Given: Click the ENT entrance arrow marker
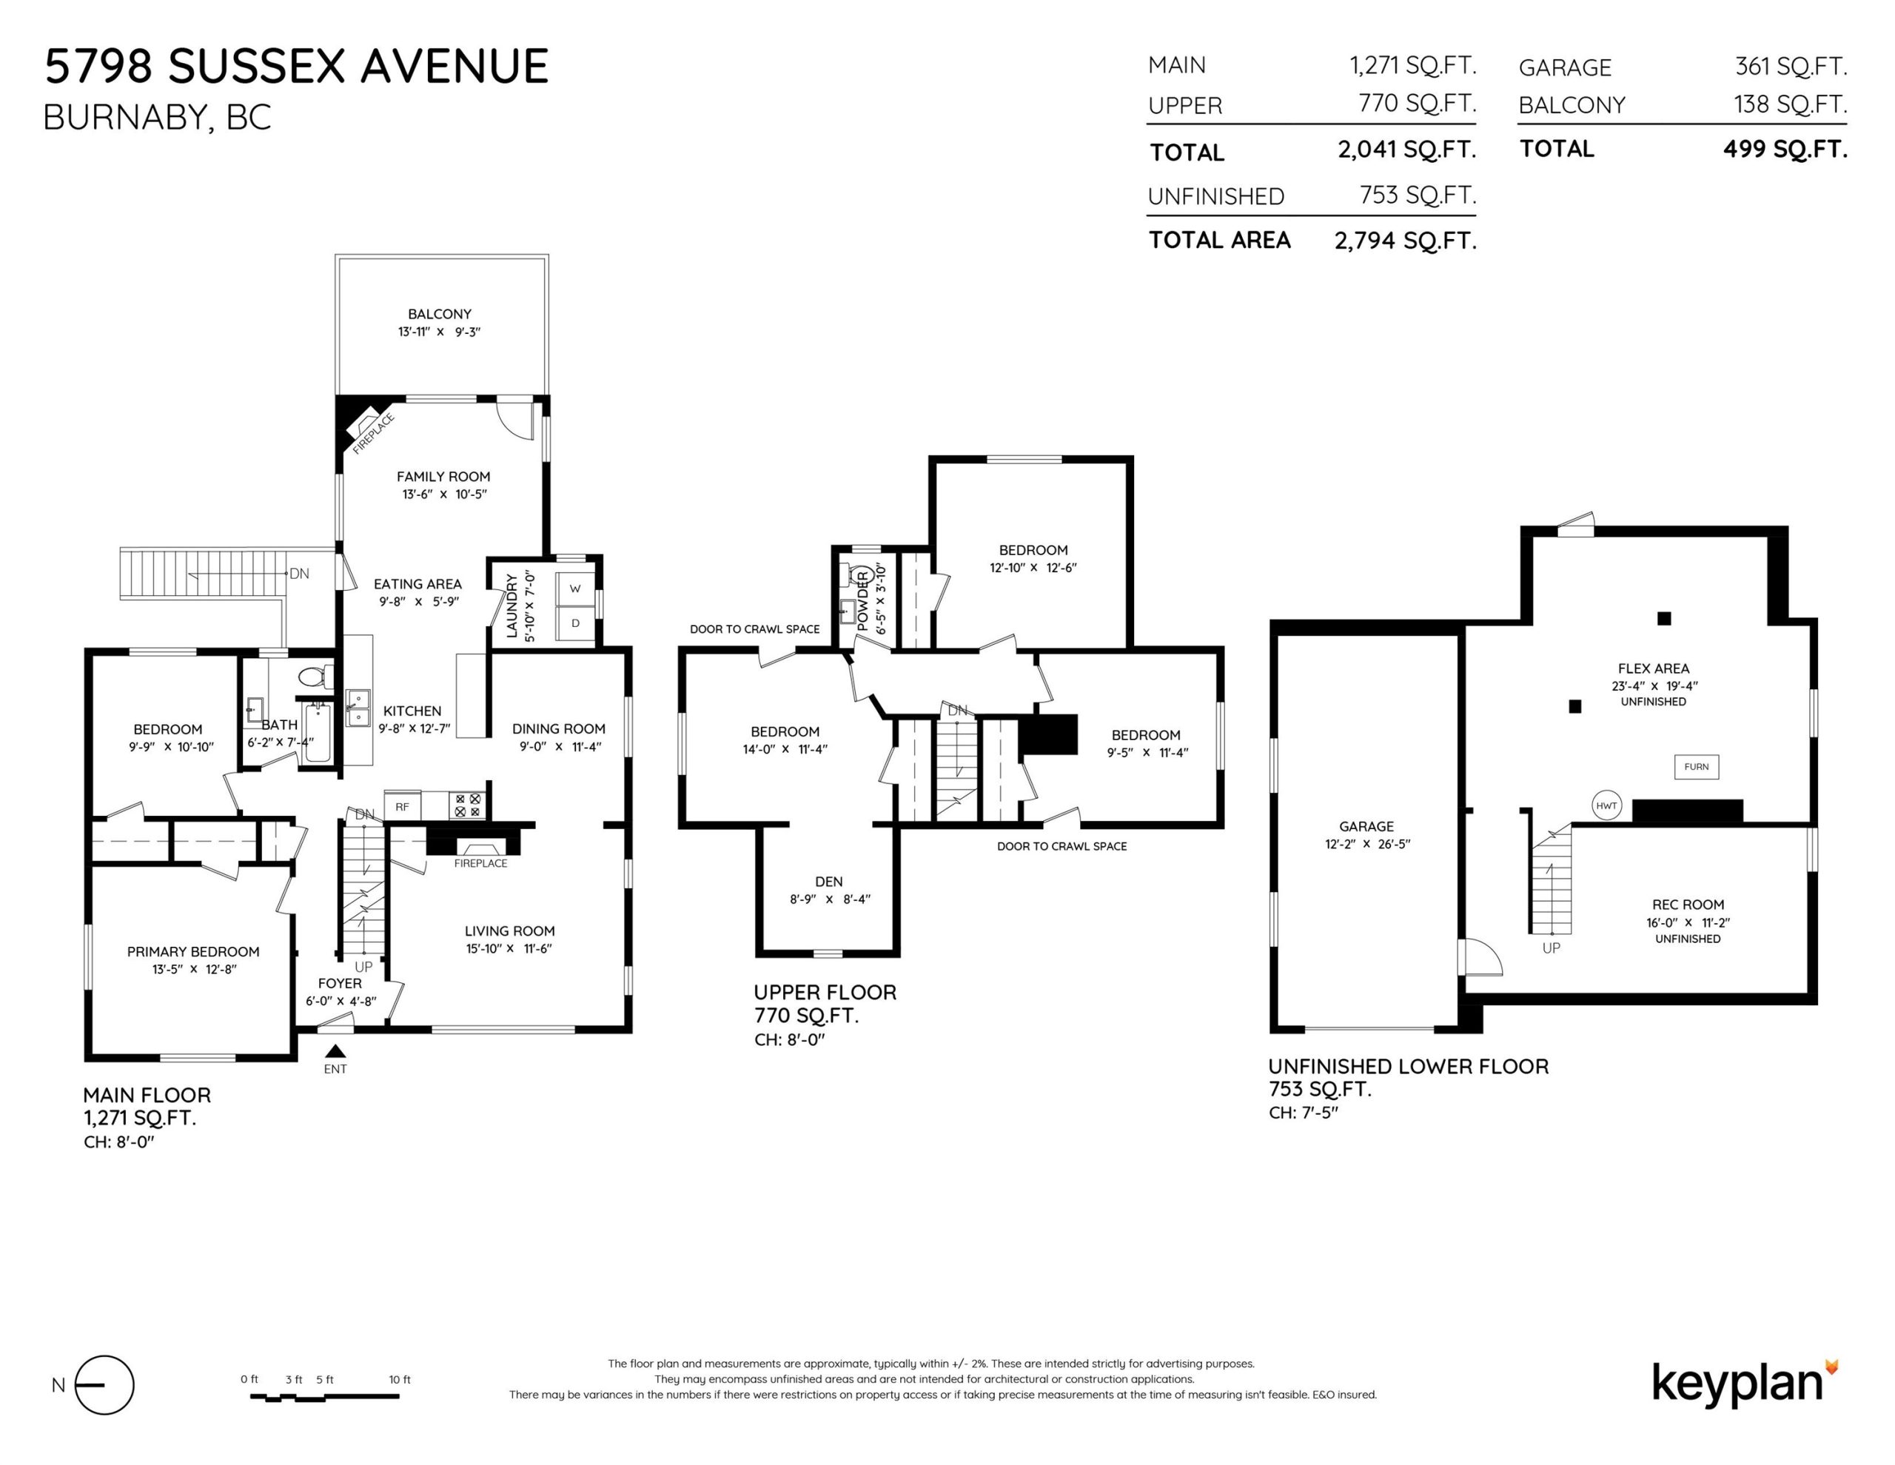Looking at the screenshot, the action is pos(335,1051).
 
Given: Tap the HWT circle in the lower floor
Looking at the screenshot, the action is pos(1606,805).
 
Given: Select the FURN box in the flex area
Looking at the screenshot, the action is pos(1697,766).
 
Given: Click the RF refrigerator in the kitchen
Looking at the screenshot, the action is pos(403,806).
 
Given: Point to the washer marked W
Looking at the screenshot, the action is pos(575,589).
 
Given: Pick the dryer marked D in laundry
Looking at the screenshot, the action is pos(575,623).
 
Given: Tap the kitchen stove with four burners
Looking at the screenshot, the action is pos(468,805).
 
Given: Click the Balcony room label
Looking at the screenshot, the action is pos(440,313).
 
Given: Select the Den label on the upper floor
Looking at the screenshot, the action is pos(828,881).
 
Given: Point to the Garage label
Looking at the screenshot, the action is pos(1366,826).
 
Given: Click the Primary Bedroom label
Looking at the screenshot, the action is pos(193,951).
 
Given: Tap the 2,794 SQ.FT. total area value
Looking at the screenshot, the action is pos(1406,241).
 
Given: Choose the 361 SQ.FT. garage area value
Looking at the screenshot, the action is pos(1791,66).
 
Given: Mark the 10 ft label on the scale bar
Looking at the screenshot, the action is pos(400,1379).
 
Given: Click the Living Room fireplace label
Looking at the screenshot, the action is pos(480,862).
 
